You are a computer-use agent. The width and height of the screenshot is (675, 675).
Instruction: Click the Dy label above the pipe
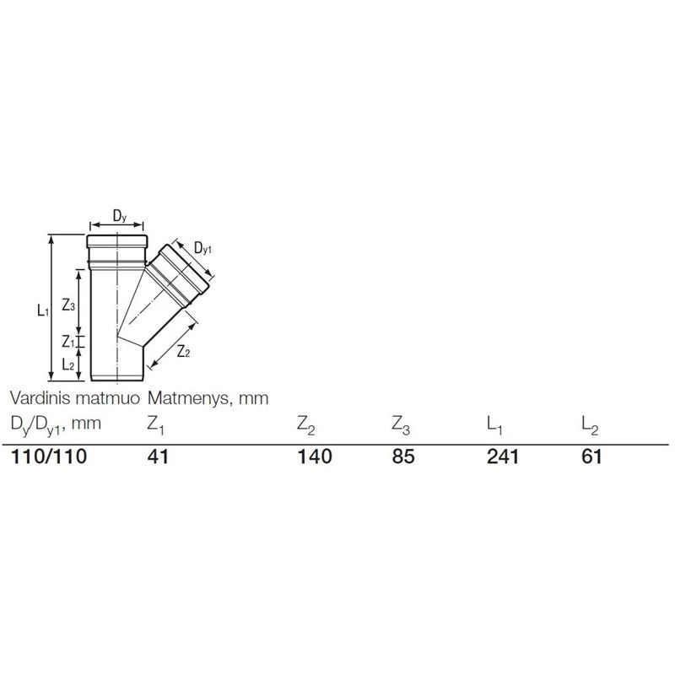(x=119, y=218)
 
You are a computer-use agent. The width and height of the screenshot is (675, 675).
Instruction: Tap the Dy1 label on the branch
(x=203, y=248)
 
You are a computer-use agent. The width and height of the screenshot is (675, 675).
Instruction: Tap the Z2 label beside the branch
(x=183, y=353)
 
